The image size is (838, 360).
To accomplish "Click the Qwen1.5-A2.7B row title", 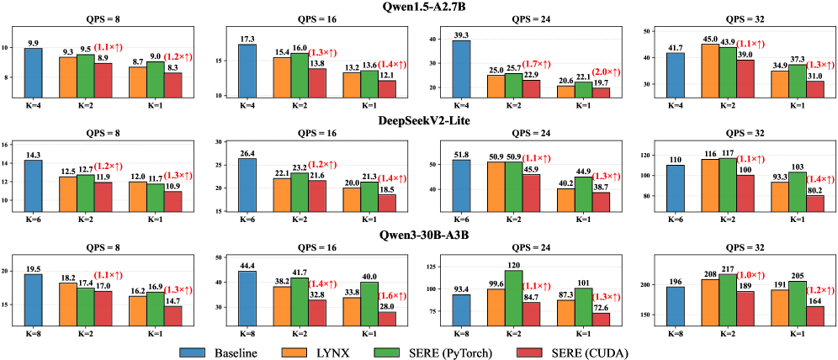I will pyautogui.click(x=418, y=7).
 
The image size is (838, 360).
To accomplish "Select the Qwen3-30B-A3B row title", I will pyautogui.click(x=418, y=235).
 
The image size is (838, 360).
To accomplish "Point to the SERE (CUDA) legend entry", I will pyautogui.click(x=613, y=347).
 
